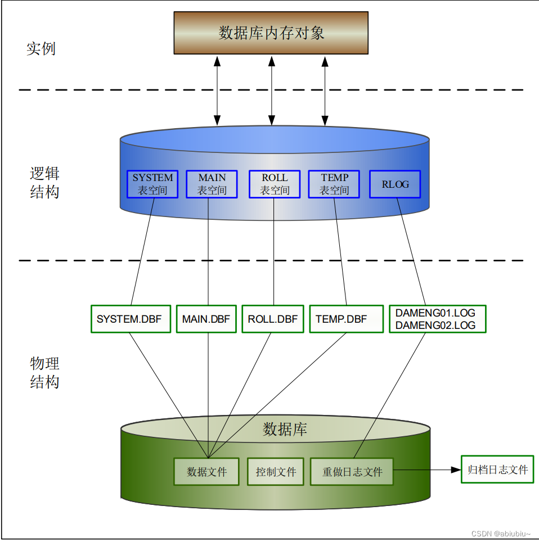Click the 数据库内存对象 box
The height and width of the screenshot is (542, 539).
[271, 33]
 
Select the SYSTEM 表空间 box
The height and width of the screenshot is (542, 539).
[152, 184]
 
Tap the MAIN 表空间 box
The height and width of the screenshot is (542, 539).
[212, 184]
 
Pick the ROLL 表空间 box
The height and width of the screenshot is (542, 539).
[275, 184]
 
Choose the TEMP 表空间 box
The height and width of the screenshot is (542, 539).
[334, 184]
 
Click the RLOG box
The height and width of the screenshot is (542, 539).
[395, 184]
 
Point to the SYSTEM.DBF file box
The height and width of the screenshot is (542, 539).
[130, 319]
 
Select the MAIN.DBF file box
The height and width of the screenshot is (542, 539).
[206, 319]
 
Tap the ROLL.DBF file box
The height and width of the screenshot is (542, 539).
[273, 319]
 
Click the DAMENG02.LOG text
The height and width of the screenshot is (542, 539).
[435, 325]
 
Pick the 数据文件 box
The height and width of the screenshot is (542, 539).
[206, 471]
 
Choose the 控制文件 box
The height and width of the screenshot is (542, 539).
[276, 471]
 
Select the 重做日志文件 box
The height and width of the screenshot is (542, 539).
[352, 471]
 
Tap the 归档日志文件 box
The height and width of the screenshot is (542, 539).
[497, 469]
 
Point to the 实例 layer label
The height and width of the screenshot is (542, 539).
[41, 48]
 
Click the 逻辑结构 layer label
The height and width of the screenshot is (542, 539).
[44, 182]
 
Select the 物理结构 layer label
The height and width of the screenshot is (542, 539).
[44, 372]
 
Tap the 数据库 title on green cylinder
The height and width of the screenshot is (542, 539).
[285, 430]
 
